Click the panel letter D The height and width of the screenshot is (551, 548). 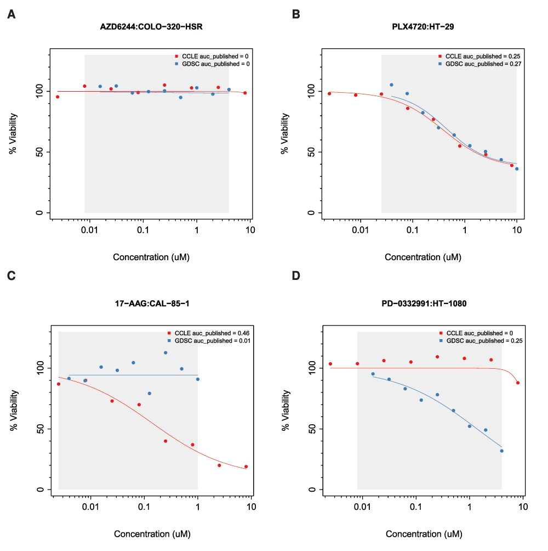[x=296, y=274]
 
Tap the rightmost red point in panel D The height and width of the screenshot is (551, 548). [x=518, y=383]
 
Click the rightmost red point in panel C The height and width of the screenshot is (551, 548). [x=246, y=466]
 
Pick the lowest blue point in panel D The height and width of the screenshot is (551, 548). [x=501, y=451]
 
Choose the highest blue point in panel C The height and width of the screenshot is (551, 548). [x=165, y=352]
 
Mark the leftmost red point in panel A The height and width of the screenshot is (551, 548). [x=58, y=97]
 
